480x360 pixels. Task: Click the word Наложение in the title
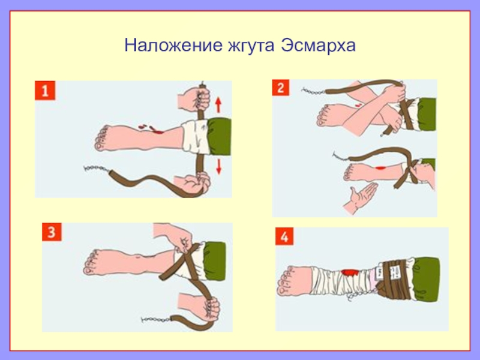[x=173, y=46]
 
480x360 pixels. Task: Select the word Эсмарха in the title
[x=319, y=46]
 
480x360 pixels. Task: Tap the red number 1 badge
[x=45, y=91]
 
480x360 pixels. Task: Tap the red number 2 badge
[x=281, y=88]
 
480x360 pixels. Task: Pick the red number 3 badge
[x=52, y=232]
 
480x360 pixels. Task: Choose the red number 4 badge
[x=284, y=236]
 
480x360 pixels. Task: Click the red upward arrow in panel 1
[x=218, y=104]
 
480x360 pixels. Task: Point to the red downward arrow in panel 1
[x=218, y=167]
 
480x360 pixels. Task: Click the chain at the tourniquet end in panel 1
[x=97, y=169]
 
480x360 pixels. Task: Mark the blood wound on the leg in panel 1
[x=152, y=128]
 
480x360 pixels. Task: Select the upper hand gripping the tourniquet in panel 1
[x=194, y=99]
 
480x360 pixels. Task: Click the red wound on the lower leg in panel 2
[x=380, y=168]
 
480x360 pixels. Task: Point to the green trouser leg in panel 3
[x=215, y=261]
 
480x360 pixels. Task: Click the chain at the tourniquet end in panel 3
[x=156, y=320]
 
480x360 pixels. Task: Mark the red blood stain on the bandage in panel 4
[x=350, y=272]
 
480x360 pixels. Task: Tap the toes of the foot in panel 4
[x=284, y=281]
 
